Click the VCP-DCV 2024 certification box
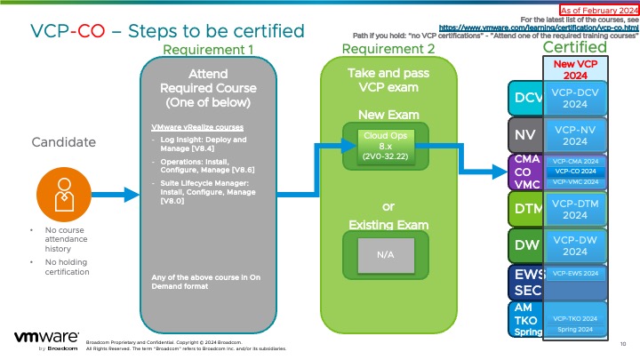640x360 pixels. click(x=574, y=97)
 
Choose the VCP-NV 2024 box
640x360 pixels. click(x=574, y=135)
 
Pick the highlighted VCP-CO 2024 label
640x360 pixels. click(x=574, y=171)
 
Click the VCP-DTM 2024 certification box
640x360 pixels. click(x=574, y=209)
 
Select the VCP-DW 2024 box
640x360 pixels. click(x=574, y=244)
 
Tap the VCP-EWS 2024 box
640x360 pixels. click(x=574, y=274)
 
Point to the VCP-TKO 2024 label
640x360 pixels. click(x=574, y=318)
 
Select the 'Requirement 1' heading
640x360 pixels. click(x=209, y=49)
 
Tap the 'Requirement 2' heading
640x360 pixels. click(x=388, y=49)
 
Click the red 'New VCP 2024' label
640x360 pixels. click(x=575, y=69)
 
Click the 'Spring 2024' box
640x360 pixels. click(x=574, y=330)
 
